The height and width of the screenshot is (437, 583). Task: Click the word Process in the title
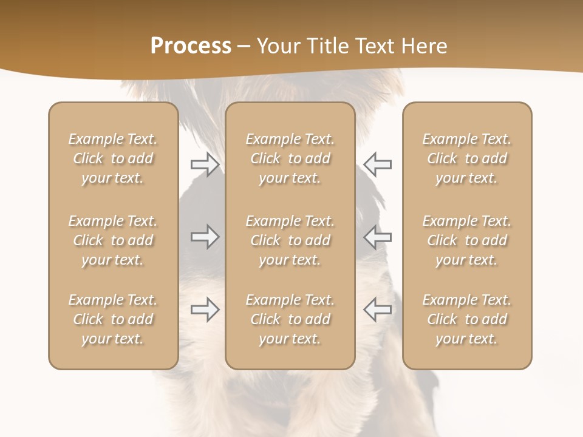pyautogui.click(x=191, y=46)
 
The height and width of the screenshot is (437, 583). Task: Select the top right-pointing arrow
pyautogui.click(x=205, y=164)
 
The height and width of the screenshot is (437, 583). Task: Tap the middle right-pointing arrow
pyautogui.click(x=205, y=237)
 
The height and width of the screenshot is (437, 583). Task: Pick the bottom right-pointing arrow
pyautogui.click(x=205, y=310)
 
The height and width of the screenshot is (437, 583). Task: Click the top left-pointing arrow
pyautogui.click(x=378, y=164)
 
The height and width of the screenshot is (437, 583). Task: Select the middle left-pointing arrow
pyautogui.click(x=378, y=237)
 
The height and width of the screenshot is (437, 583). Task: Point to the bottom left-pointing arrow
pyautogui.click(x=378, y=310)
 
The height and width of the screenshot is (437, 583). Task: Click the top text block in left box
pyautogui.click(x=113, y=158)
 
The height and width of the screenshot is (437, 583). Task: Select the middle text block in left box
pyautogui.click(x=113, y=240)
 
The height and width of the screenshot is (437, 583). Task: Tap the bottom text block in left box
pyautogui.click(x=113, y=319)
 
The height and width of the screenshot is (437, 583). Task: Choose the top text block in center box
pyautogui.click(x=290, y=158)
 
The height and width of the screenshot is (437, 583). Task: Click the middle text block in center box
pyautogui.click(x=290, y=240)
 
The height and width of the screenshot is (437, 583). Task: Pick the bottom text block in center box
pyautogui.click(x=290, y=319)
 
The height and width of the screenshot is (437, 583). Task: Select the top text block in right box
pyautogui.click(x=467, y=158)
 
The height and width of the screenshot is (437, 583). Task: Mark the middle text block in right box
pyautogui.click(x=467, y=240)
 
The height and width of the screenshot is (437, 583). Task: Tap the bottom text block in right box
pyautogui.click(x=467, y=319)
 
